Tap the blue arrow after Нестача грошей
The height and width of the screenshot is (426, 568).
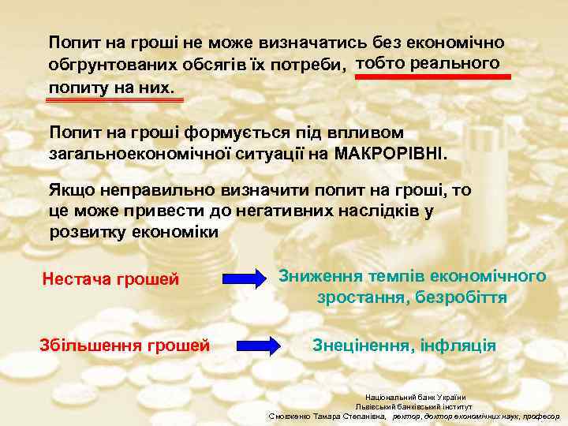click(244, 278)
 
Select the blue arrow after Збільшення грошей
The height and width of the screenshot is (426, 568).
click(258, 345)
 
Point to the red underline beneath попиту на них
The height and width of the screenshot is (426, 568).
click(115, 99)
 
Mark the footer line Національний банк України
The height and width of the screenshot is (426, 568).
click(415, 396)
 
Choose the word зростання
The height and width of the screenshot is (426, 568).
click(354, 298)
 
